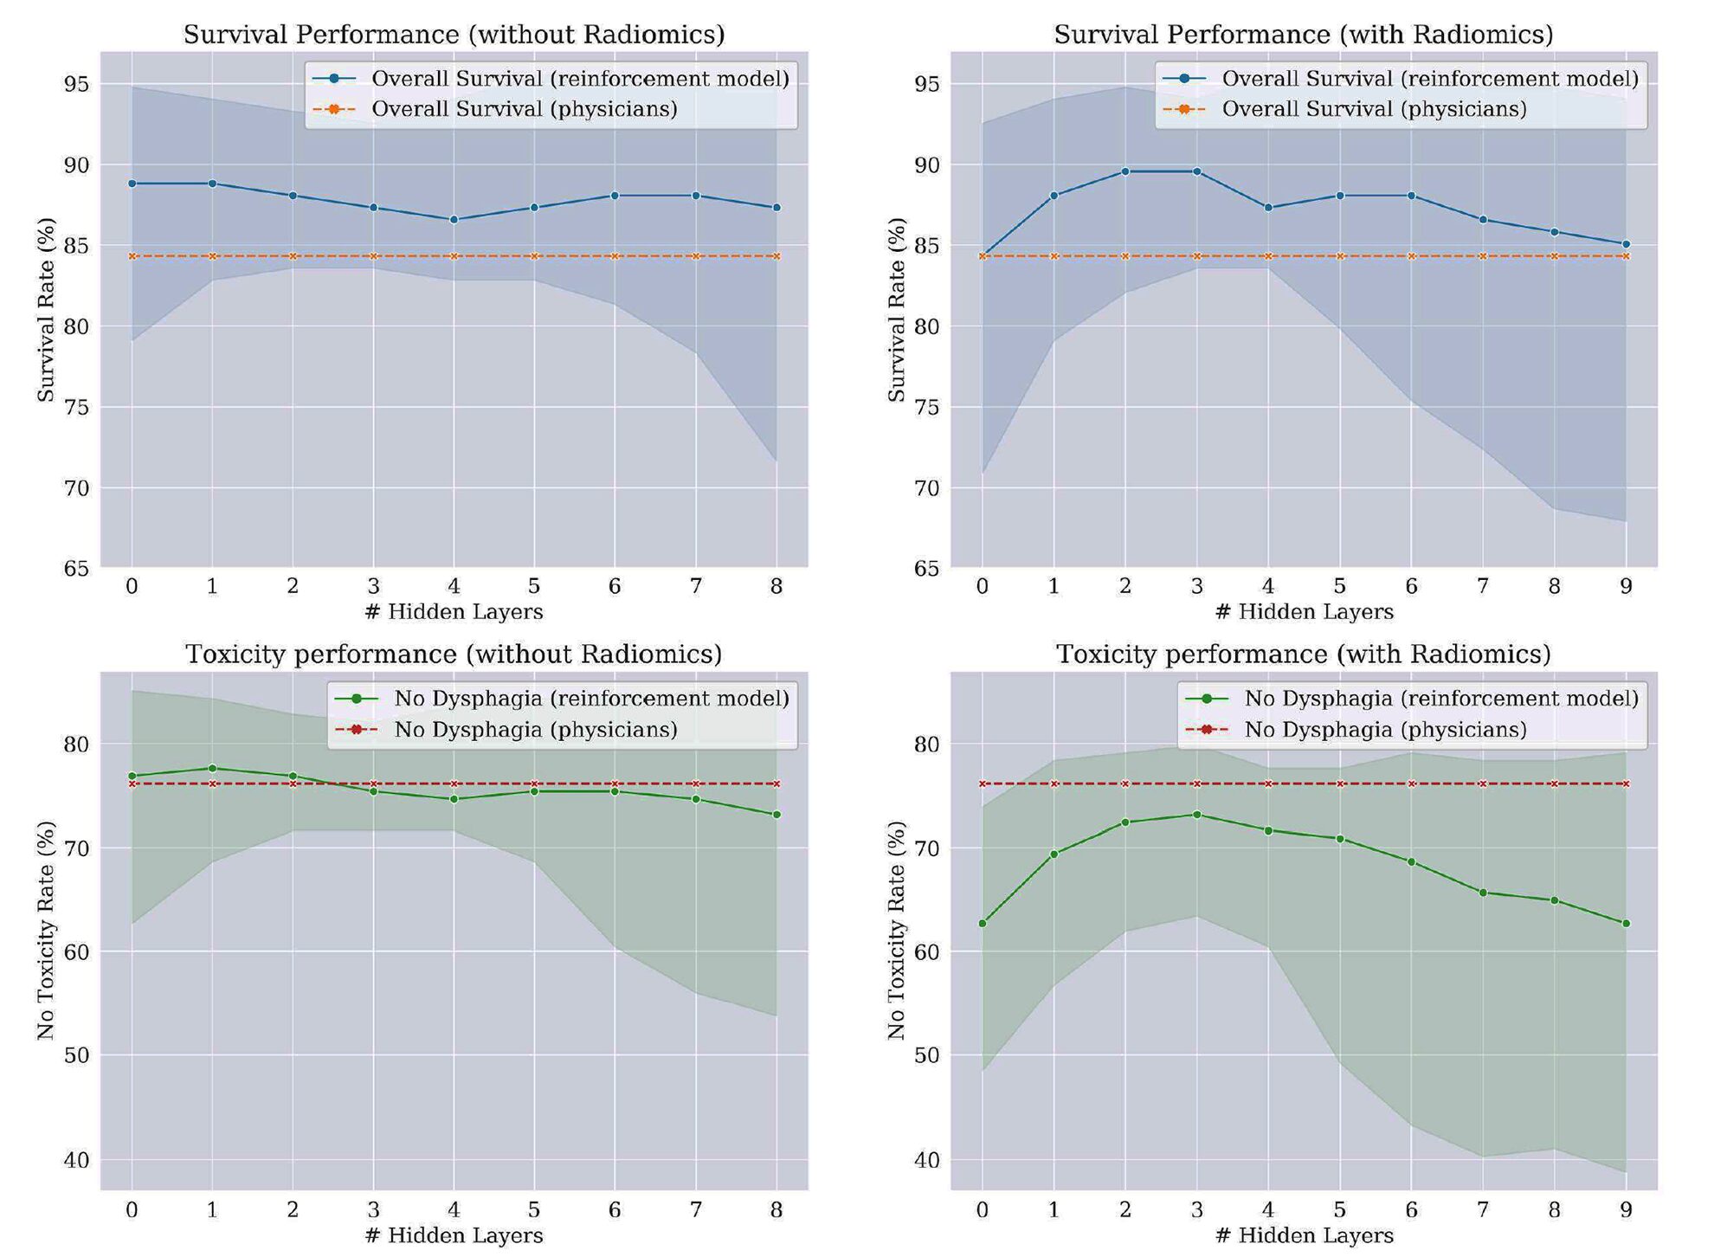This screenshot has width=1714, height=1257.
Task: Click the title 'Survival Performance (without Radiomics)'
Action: (454, 35)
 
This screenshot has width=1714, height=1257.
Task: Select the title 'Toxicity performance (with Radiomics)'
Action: (1303, 654)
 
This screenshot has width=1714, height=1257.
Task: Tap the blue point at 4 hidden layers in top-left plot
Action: (454, 220)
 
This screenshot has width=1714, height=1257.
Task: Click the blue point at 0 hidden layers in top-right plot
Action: (982, 256)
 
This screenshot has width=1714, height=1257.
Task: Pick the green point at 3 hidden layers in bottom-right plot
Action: (1196, 815)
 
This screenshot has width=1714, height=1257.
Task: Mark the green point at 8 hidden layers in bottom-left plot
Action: (776, 815)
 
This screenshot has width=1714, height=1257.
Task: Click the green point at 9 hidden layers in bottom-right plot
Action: (1626, 924)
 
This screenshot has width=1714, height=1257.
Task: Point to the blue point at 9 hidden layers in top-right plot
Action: (1626, 244)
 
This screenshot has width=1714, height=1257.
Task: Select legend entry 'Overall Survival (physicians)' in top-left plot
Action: (524, 110)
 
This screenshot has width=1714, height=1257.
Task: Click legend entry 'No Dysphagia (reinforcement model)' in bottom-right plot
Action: (1440, 699)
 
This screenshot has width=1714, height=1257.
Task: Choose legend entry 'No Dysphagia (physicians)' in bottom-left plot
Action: (535, 730)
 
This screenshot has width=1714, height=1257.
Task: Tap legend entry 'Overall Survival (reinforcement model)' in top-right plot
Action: (1429, 79)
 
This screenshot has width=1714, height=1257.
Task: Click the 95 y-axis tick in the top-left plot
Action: (76, 85)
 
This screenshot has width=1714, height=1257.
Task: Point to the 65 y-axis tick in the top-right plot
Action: (926, 569)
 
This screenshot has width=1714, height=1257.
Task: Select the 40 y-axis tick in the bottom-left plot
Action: (76, 1160)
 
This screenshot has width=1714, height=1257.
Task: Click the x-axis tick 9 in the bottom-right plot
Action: (1626, 1210)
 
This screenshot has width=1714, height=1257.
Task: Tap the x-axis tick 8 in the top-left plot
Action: (776, 587)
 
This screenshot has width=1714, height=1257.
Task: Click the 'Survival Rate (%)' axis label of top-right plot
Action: (896, 310)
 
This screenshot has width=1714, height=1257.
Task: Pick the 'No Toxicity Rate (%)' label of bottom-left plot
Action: (46, 931)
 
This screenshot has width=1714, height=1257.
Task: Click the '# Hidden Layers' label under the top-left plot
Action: (454, 613)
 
